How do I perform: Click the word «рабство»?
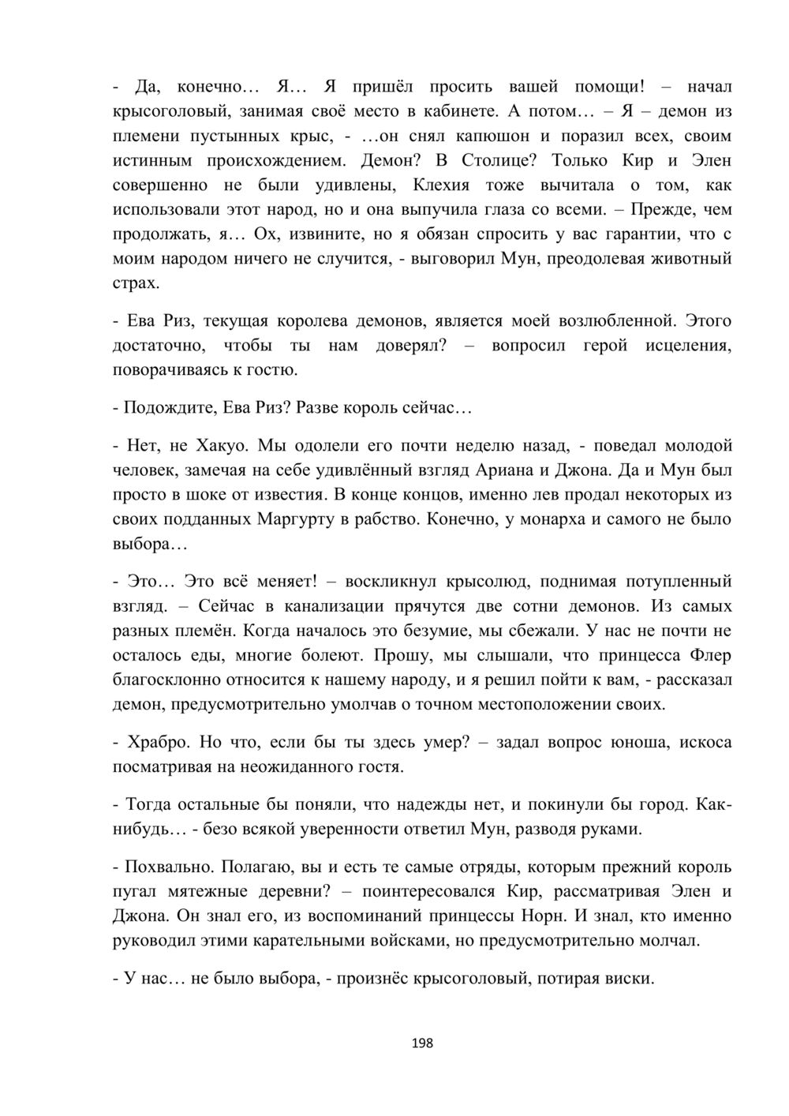coord(384,519)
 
